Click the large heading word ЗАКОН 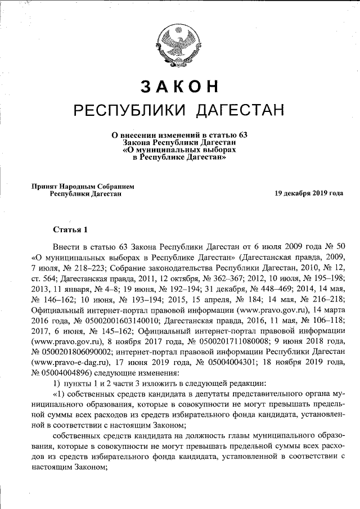[x=179, y=86]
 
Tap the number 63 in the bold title [x=242, y=135]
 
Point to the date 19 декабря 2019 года [x=308, y=193]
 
